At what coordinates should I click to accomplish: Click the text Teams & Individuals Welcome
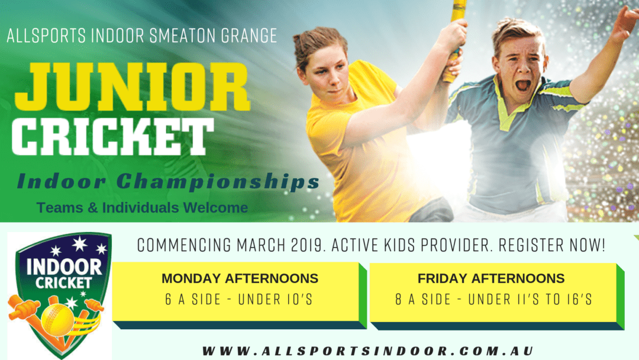[142, 208]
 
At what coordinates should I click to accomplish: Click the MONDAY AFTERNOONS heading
[240, 278]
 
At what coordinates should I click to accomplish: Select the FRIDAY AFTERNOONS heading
[491, 278]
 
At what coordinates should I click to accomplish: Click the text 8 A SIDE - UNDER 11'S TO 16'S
[493, 300]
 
